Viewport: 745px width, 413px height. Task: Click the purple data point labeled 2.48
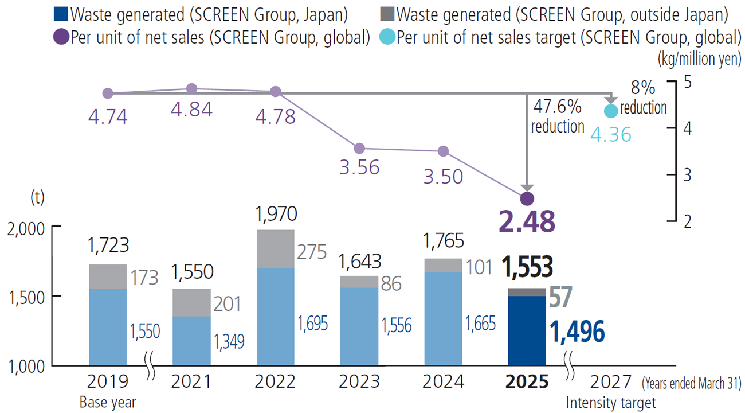click(x=527, y=198)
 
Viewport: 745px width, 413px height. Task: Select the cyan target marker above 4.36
click(x=611, y=110)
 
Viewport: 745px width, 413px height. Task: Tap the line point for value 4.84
click(x=192, y=88)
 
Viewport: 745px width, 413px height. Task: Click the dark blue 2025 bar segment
click(x=527, y=330)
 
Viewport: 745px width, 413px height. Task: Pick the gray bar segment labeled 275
click(x=276, y=249)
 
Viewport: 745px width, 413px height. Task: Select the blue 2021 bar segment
click(x=192, y=341)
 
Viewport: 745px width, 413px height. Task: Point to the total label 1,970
click(x=276, y=215)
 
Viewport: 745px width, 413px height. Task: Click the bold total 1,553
click(x=527, y=267)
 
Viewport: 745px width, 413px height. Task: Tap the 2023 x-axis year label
click(x=359, y=382)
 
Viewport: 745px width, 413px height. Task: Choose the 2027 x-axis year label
click(x=610, y=382)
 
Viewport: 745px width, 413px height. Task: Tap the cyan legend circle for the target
click(x=387, y=37)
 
